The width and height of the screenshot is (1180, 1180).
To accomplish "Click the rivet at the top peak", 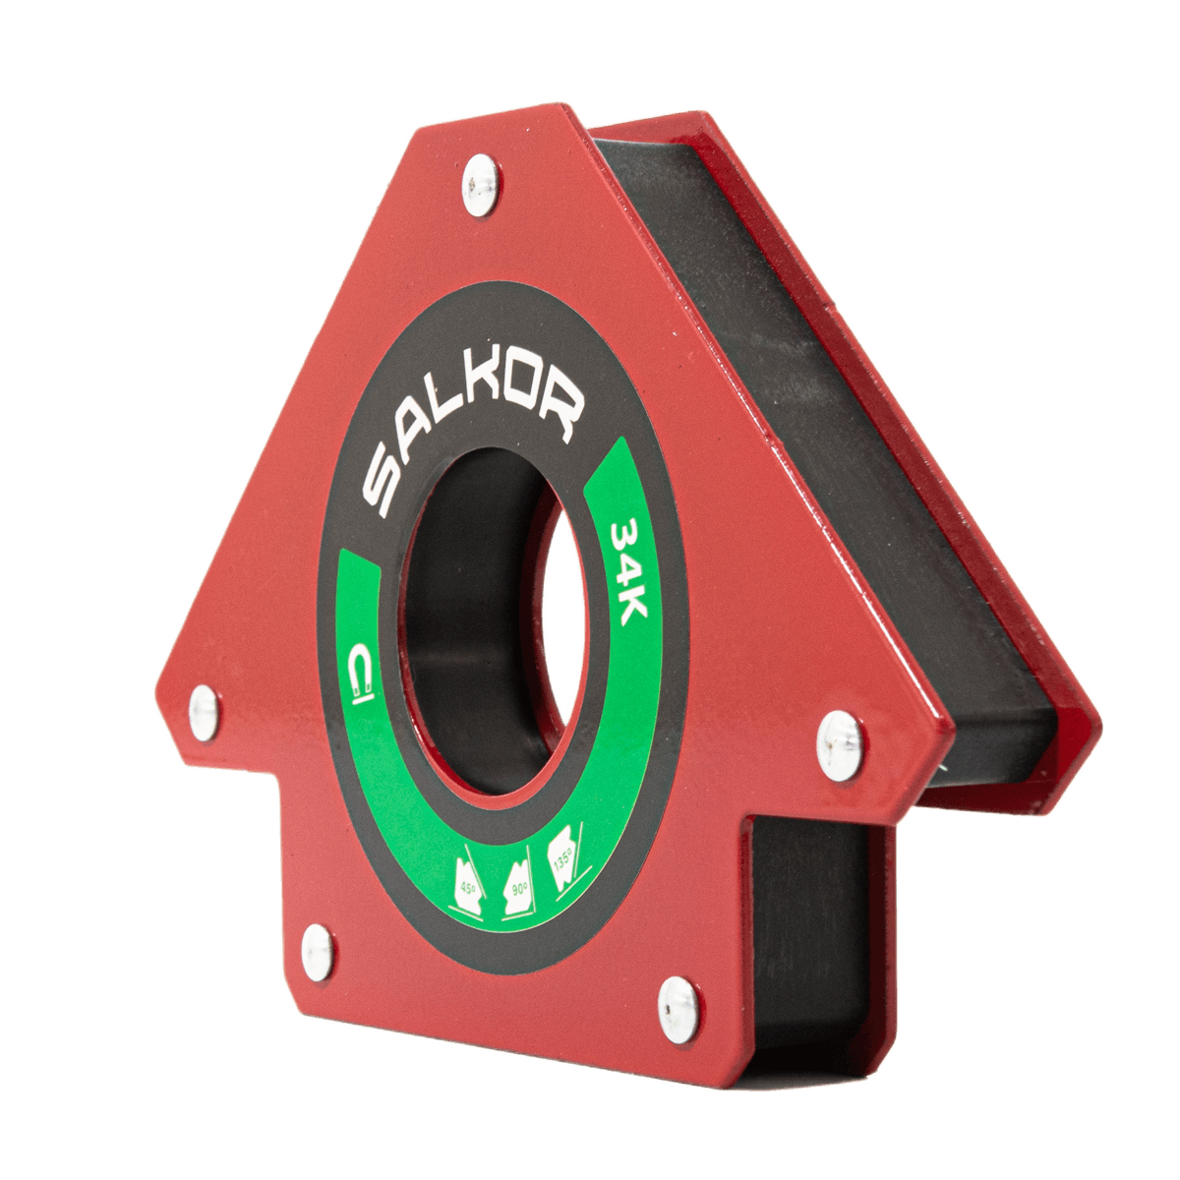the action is tap(480, 185).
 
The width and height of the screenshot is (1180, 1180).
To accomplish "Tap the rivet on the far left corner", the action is tap(204, 713).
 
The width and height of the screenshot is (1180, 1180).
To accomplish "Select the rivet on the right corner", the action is tap(840, 745).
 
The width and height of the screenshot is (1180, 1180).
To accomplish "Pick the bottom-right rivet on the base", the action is tap(678, 1010).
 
